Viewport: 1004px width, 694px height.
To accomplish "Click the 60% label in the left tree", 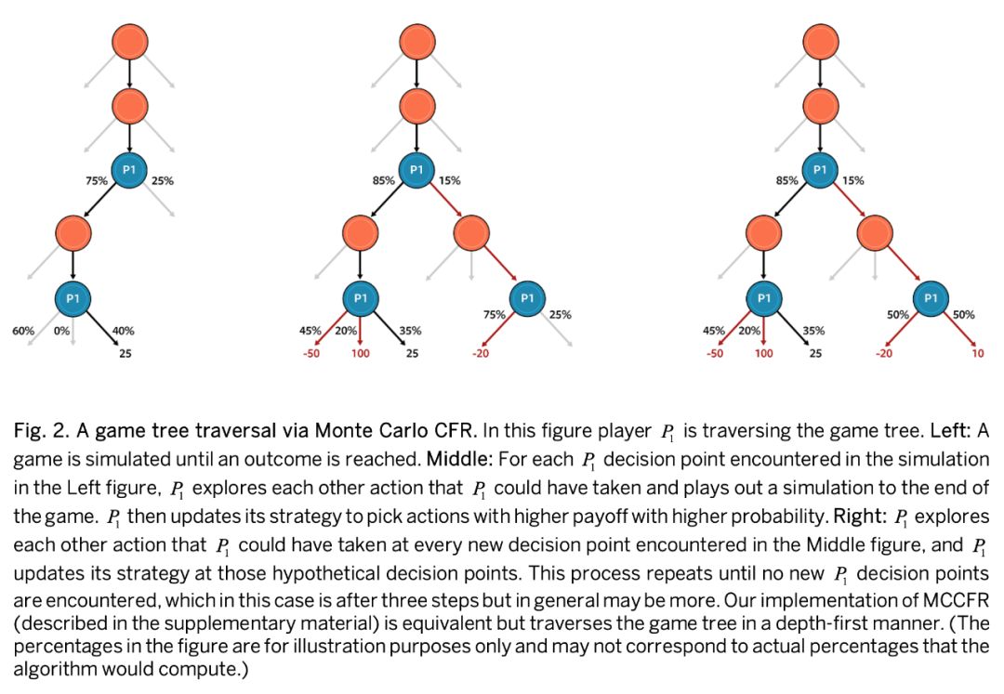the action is (22, 330).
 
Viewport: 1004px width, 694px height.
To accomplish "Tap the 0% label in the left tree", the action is (61, 330).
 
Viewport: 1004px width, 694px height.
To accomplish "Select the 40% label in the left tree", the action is (123, 330).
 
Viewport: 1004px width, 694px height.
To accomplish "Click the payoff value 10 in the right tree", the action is (978, 353).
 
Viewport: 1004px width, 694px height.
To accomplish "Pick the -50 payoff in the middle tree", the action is (311, 353).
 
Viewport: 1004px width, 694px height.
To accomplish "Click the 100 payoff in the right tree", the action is (763, 353).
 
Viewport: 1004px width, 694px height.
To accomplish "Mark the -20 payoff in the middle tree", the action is (481, 353).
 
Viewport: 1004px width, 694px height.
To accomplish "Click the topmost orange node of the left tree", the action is (129, 42).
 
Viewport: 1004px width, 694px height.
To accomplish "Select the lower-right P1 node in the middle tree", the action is (527, 297).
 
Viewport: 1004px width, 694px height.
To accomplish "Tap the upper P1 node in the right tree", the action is (819, 170).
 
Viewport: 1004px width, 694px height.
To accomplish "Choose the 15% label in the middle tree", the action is (450, 181).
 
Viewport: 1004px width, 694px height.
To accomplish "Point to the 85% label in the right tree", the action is (786, 181).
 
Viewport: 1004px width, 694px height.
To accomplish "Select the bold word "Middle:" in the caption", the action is (456, 460).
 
